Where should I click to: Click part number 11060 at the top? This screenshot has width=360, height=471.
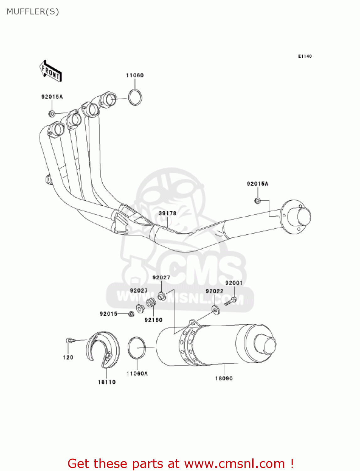[135, 75]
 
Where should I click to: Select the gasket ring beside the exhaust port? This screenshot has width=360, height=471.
[135, 97]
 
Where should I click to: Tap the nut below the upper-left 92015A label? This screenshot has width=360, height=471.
[52, 113]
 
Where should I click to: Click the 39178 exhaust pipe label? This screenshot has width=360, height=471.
[167, 213]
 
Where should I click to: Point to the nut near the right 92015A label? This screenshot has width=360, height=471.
[257, 201]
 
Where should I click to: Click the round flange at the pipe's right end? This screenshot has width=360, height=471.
[295, 217]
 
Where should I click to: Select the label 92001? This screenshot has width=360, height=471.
[234, 283]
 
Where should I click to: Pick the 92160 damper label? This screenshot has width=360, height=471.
[153, 320]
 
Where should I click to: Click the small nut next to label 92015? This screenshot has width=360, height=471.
[132, 313]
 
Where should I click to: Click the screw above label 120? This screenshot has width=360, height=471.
[70, 340]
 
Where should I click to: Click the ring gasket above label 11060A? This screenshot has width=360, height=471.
[137, 348]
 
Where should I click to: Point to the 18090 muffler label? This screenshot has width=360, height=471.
[224, 378]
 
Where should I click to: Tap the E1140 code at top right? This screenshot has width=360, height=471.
[305, 56]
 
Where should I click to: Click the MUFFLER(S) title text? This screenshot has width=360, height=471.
[33, 12]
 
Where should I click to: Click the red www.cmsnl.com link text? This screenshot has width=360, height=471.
[234, 463]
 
